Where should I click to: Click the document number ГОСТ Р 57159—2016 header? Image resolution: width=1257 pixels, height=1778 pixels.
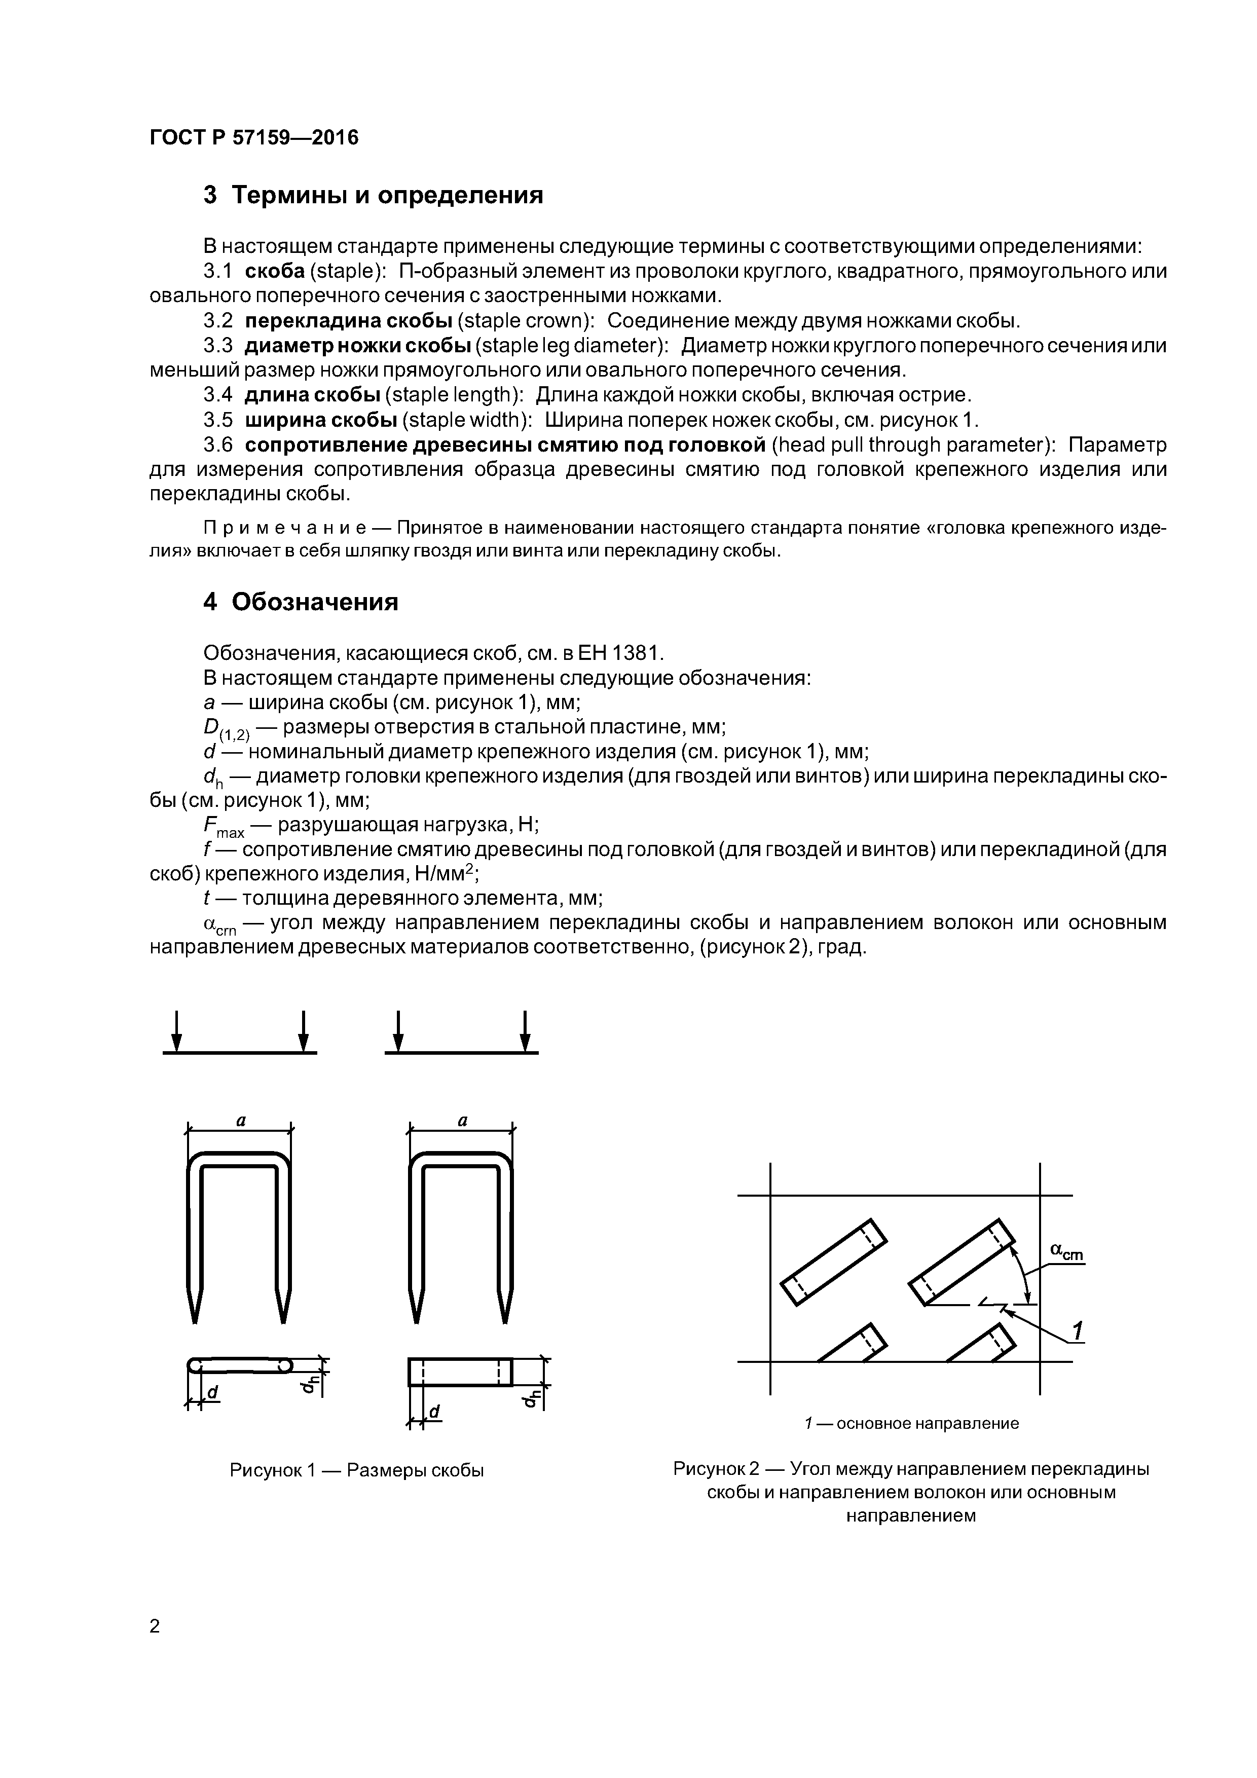pyautogui.click(x=254, y=138)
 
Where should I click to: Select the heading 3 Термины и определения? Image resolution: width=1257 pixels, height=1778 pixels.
pyautogui.click(x=374, y=195)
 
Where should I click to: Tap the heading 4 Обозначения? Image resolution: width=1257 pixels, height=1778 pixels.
pyautogui.click(x=301, y=602)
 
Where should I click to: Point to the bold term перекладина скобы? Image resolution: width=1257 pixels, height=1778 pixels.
pyautogui.click(x=349, y=321)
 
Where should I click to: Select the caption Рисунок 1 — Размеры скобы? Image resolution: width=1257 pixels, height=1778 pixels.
pyautogui.click(x=356, y=1470)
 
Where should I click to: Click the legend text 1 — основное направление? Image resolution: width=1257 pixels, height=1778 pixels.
pyautogui.click(x=911, y=1423)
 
